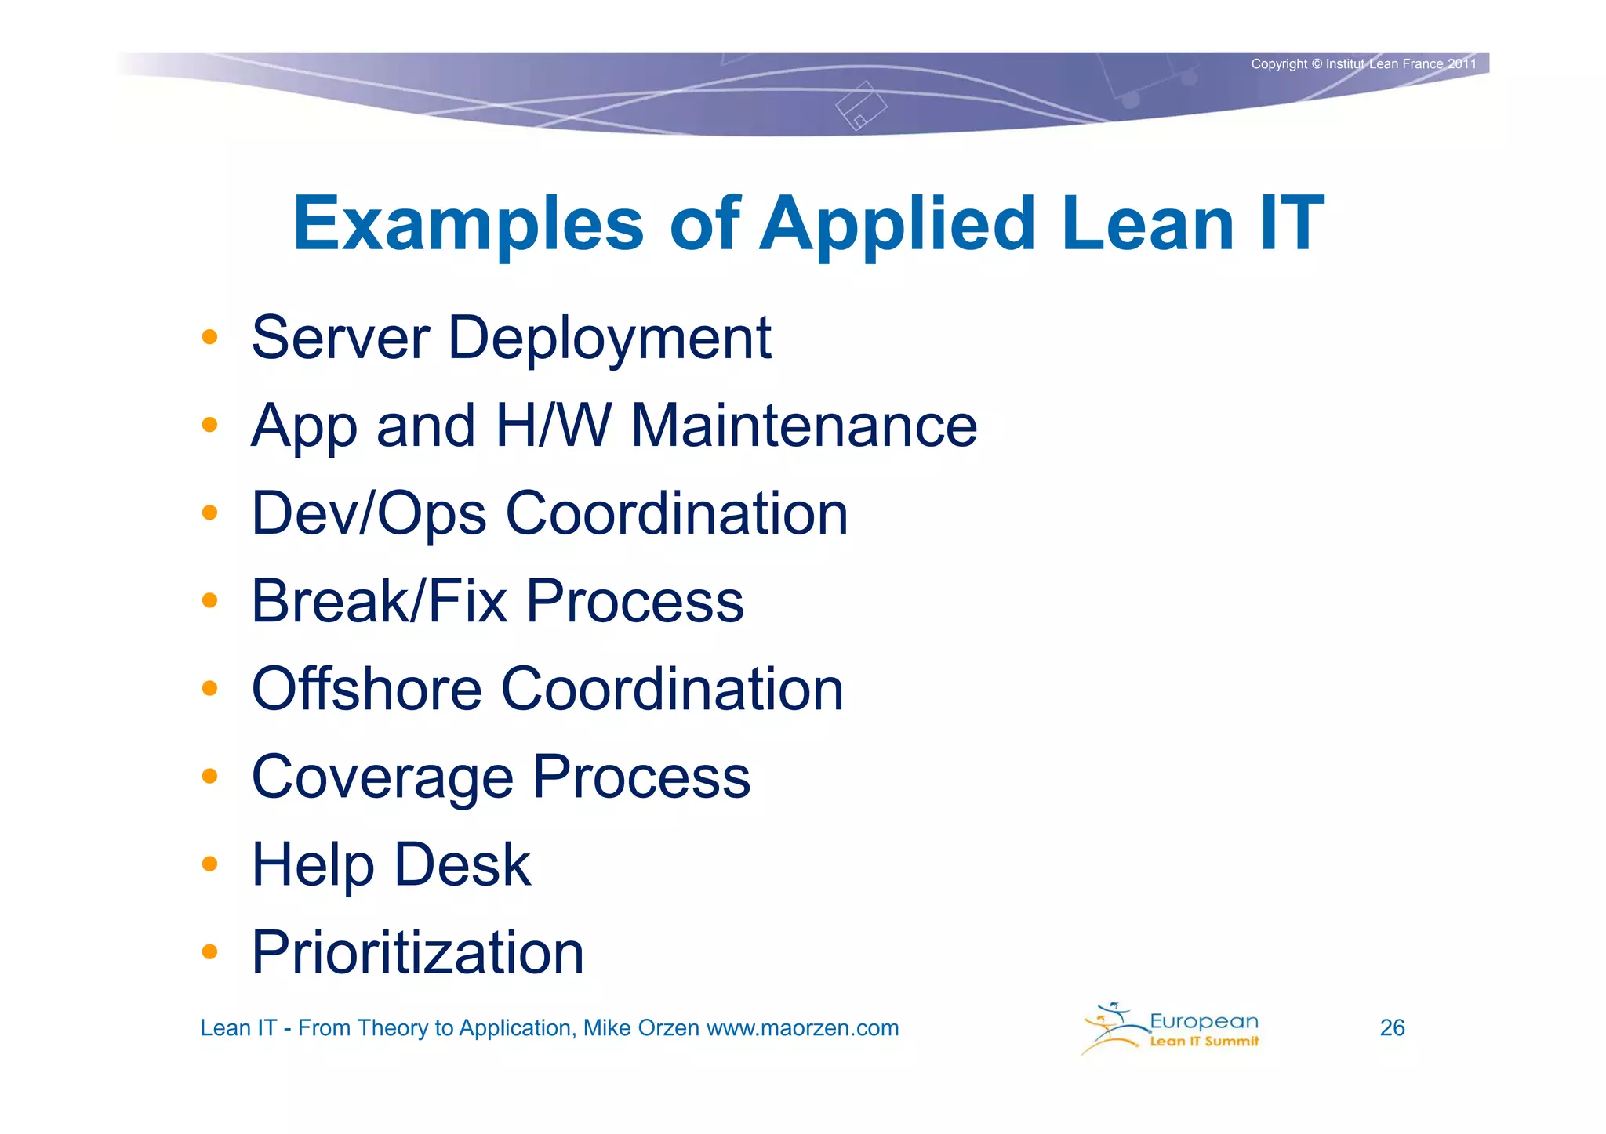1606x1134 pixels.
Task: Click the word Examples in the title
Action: pyautogui.click(x=468, y=225)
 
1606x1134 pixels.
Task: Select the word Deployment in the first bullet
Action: pyautogui.click(x=609, y=339)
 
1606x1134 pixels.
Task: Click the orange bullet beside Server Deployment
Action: pyautogui.click(x=209, y=338)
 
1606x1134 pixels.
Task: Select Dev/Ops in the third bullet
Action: pyautogui.click(x=369, y=514)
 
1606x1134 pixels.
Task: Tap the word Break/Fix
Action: pyautogui.click(x=379, y=601)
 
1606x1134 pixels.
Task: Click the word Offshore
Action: pyautogui.click(x=366, y=689)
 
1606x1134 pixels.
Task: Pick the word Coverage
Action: pyautogui.click(x=382, y=777)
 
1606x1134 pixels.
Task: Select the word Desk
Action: pyautogui.click(x=462, y=864)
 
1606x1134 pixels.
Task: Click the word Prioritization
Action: pyautogui.click(x=417, y=954)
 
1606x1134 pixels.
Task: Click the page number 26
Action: pyautogui.click(x=1392, y=1027)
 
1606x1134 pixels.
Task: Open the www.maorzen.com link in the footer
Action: pyautogui.click(x=802, y=1028)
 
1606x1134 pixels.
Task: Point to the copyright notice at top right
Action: pyautogui.click(x=1363, y=64)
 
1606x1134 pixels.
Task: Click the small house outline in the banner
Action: pyautogui.click(x=861, y=106)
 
